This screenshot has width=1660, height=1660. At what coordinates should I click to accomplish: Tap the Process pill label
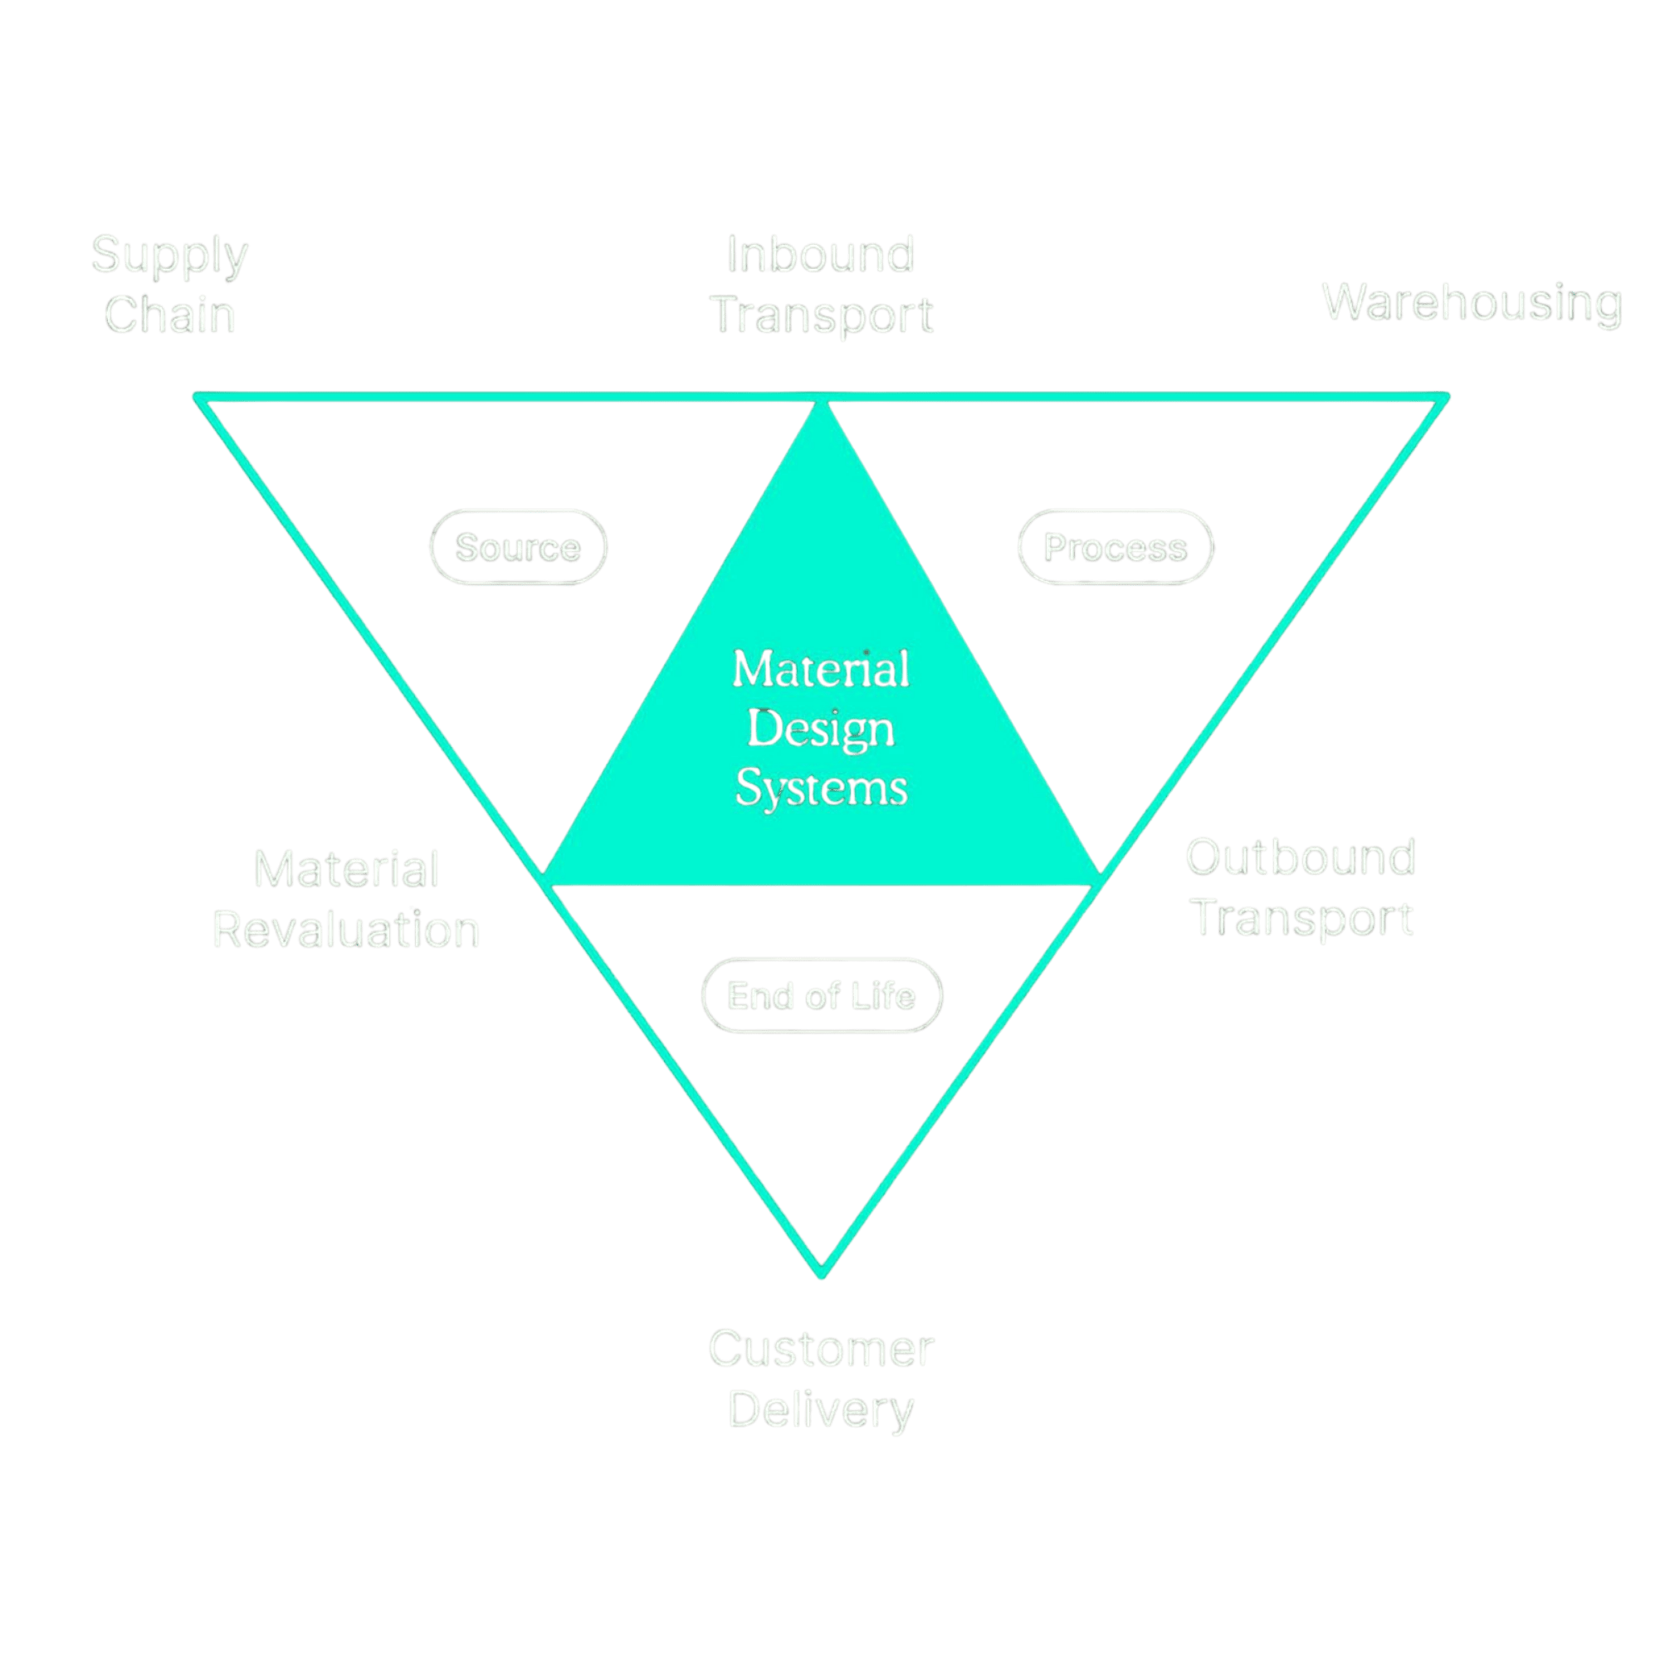pyautogui.click(x=1116, y=547)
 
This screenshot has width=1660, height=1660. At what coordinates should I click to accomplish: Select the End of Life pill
pyautogui.click(x=822, y=996)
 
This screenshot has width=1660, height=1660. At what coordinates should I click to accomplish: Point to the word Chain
pyautogui.click(x=169, y=315)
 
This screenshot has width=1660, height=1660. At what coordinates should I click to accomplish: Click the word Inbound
pyautogui.click(x=821, y=255)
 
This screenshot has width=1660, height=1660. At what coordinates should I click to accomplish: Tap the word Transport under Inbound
pyautogui.click(x=823, y=316)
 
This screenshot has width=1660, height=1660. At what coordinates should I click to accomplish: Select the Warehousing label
pyautogui.click(x=1472, y=303)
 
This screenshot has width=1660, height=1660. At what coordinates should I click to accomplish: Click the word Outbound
pyautogui.click(x=1300, y=857)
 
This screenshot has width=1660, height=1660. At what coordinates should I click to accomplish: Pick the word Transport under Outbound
pyautogui.click(x=1302, y=919)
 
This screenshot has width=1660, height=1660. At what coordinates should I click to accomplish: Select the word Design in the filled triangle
pyautogui.click(x=821, y=730)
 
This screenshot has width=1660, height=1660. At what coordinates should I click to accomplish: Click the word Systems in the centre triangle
pyautogui.click(x=822, y=788)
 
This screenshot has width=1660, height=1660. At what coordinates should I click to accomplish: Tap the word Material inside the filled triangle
pyautogui.click(x=821, y=669)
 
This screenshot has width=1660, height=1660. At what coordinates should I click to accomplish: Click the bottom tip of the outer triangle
pyautogui.click(x=822, y=1273)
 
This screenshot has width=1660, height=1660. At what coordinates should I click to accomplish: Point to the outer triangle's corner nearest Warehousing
pyautogui.click(x=1445, y=398)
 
